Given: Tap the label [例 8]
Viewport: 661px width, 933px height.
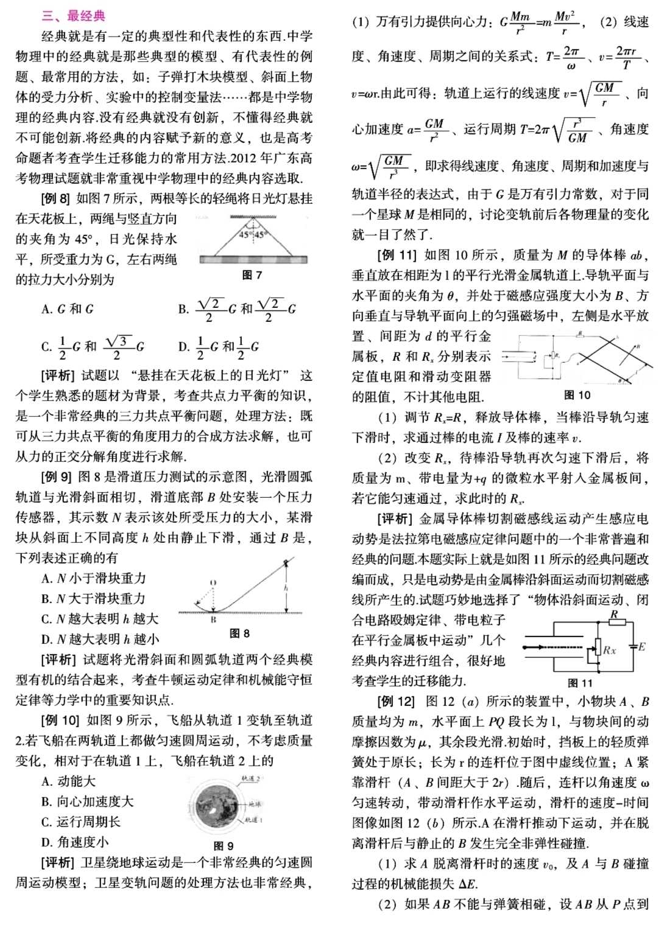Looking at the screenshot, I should [x=56, y=198].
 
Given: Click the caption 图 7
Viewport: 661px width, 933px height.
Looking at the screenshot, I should [x=252, y=275].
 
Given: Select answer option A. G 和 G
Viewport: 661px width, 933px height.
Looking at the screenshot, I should [x=68, y=309].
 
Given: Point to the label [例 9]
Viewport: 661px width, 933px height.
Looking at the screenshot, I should [x=56, y=477].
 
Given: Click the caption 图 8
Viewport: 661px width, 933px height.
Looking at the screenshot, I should [x=239, y=634].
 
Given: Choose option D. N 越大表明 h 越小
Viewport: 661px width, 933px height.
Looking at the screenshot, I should [x=99, y=639].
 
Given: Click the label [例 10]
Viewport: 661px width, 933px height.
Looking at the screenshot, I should [x=60, y=721].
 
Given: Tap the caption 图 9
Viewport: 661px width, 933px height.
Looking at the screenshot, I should [x=224, y=845].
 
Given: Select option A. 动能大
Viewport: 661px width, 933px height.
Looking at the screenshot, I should [x=68, y=781].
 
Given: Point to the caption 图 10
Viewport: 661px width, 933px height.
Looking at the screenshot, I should [x=577, y=395].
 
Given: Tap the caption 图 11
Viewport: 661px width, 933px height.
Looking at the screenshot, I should [x=579, y=683].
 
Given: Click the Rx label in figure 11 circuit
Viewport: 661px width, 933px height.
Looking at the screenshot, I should [x=609, y=651].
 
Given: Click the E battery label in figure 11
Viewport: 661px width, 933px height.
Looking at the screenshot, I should [x=642, y=646].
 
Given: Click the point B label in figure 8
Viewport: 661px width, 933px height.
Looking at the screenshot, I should [x=213, y=620].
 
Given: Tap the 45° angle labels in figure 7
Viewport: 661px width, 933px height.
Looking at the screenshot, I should [x=252, y=234].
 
